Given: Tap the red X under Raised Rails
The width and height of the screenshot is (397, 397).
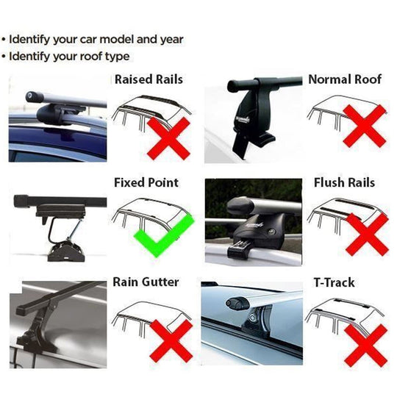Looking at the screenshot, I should (x=168, y=136).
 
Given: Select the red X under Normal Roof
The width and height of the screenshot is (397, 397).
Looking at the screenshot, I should (x=364, y=125).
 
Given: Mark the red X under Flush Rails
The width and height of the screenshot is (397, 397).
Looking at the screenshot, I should (x=365, y=234).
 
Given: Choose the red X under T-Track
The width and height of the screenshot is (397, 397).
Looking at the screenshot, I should (x=365, y=344).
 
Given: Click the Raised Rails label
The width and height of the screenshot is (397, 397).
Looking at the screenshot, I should (x=149, y=79).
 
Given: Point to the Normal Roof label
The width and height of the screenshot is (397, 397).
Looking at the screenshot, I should (x=345, y=79).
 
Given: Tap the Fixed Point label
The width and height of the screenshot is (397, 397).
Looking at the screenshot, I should (x=146, y=182).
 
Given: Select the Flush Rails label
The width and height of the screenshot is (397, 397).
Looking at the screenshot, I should (x=344, y=182).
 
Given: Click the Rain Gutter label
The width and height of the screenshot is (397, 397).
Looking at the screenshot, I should (x=146, y=282).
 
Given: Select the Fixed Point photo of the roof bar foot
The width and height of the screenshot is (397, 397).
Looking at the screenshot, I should (x=57, y=220).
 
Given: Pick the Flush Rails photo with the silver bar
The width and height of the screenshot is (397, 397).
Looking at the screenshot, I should (x=253, y=220).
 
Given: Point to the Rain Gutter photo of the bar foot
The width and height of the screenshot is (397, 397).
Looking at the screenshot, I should (x=57, y=323).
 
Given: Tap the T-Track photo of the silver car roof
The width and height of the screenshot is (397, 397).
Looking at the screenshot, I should (x=253, y=323).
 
